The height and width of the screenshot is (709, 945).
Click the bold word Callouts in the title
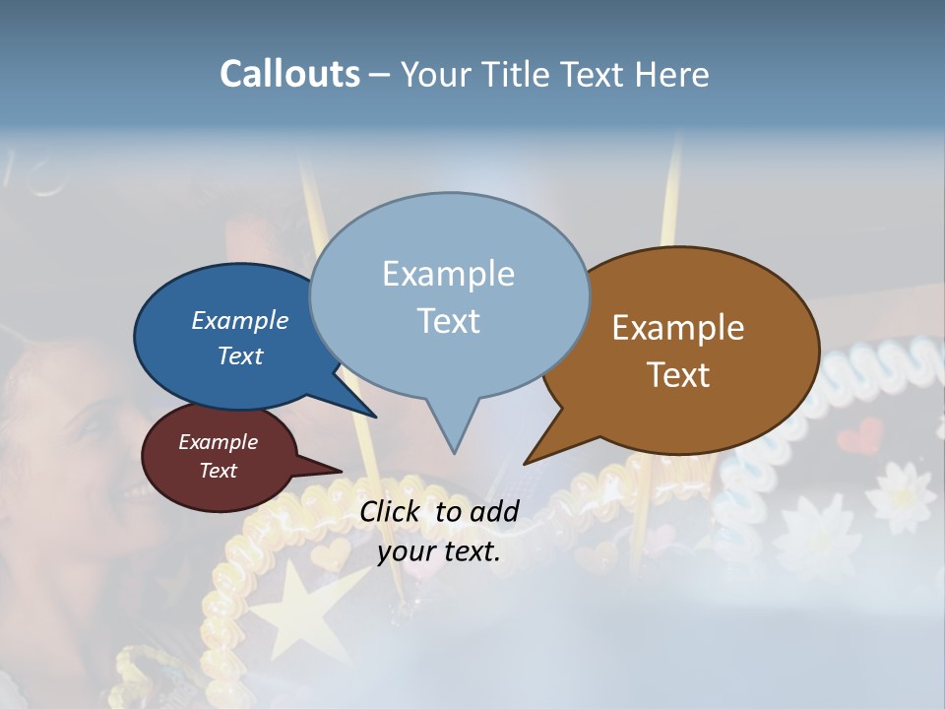pos(289,74)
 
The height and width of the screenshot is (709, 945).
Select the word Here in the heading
pos(672,74)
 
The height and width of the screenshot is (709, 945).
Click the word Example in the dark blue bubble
pos(239,320)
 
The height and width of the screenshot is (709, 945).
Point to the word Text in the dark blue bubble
pos(239,355)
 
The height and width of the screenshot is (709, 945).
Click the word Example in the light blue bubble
pos(448,274)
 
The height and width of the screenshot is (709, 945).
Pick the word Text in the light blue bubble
pos(448,321)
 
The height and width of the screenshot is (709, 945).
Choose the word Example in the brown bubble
pos(678,328)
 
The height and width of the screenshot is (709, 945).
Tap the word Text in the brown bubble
pos(678,375)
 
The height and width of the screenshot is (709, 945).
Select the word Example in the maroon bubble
pos(218,442)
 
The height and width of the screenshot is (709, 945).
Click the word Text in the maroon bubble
pos(218,471)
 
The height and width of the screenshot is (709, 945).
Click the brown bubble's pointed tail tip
pos(526,463)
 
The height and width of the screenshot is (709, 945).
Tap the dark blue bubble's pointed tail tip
pos(375,417)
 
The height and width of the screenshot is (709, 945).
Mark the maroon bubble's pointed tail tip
pos(341,471)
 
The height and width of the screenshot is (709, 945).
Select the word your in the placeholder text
pos(407,551)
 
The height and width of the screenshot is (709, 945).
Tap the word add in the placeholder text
pos(494,511)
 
